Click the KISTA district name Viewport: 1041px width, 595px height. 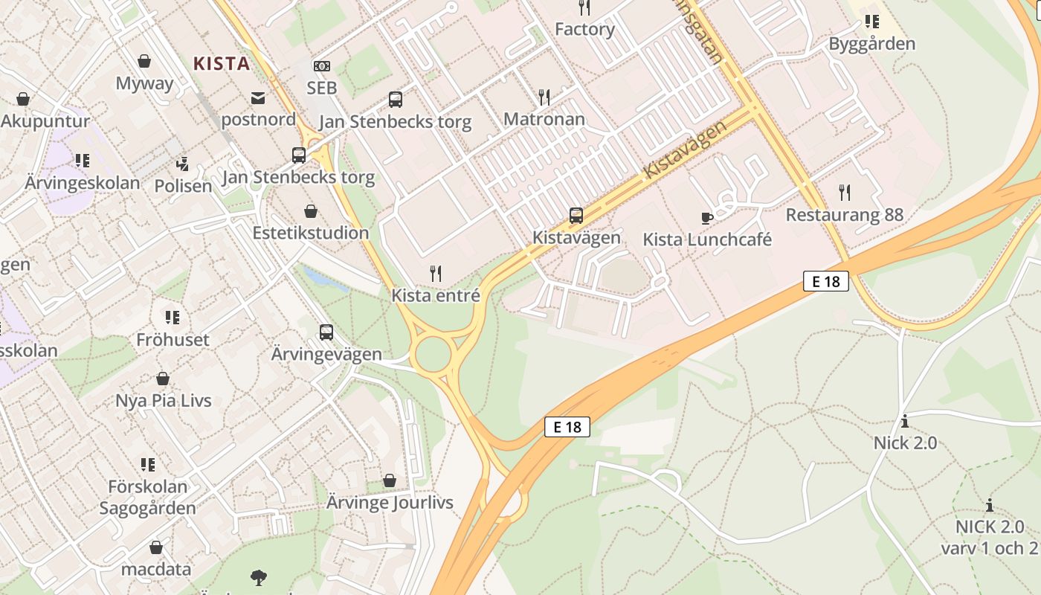pyautogui.click(x=222, y=64)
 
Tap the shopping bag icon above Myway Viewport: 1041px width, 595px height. pyautogui.click(x=144, y=61)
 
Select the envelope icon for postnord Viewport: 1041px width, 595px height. pyautogui.click(x=258, y=97)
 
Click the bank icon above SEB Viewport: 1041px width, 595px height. pyautogui.click(x=321, y=66)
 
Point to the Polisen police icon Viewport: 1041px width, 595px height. pyautogui.click(x=183, y=164)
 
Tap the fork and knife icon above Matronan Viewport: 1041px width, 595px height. pyautogui.click(x=544, y=97)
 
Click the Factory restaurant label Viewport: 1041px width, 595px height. pyautogui.click(x=584, y=30)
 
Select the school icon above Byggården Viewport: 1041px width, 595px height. pyautogui.click(x=871, y=22)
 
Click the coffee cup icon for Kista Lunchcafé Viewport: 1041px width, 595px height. pyautogui.click(x=706, y=218)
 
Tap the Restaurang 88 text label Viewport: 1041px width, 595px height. pyautogui.click(x=845, y=215)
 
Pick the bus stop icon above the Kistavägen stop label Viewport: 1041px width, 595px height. pyautogui.click(x=576, y=216)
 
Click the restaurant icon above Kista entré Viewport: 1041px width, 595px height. pyautogui.click(x=436, y=274)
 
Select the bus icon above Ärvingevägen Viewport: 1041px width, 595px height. pyautogui.click(x=326, y=332)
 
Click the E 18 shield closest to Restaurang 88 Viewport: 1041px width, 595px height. pyautogui.click(x=825, y=281)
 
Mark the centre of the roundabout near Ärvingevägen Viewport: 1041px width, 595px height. pyautogui.click(x=434, y=355)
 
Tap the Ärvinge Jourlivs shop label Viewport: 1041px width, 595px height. pyautogui.click(x=390, y=503)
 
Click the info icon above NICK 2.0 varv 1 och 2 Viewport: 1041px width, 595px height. pyautogui.click(x=990, y=506)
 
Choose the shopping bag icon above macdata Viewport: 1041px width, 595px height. pyautogui.click(x=156, y=548)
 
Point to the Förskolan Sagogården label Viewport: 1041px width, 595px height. pyautogui.click(x=148, y=498)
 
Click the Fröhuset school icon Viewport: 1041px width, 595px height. pyautogui.click(x=173, y=318)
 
